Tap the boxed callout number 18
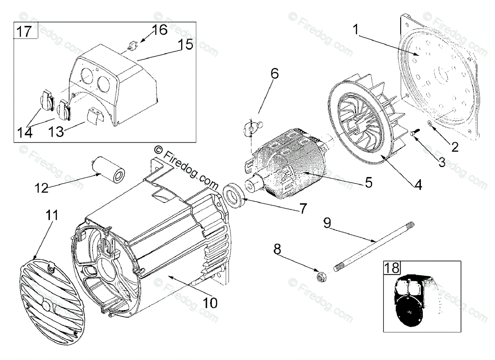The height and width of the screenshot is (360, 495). (x=392, y=268)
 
